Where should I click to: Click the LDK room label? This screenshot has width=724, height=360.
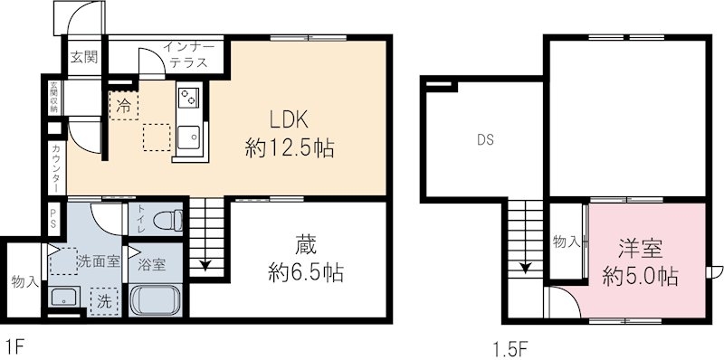click(289, 121)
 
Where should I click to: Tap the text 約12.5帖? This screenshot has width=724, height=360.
click(290, 149)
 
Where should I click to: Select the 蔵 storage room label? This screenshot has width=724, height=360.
click(306, 247)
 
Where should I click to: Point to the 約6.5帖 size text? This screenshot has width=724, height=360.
click(306, 274)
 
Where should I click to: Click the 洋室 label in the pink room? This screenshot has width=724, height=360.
click(641, 250)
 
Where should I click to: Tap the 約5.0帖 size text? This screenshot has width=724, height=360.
click(641, 277)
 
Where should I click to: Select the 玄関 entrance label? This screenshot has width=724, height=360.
click(83, 57)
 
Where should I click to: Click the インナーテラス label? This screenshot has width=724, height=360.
click(188, 55)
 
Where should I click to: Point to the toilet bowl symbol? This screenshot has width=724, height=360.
click(168, 220)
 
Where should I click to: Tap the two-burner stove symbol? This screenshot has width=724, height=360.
click(189, 98)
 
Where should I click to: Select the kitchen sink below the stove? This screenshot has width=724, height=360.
click(188, 137)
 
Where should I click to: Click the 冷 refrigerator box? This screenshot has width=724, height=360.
click(124, 106)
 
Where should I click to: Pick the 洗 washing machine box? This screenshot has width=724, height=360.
click(104, 301)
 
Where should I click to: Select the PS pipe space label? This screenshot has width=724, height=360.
click(54, 219)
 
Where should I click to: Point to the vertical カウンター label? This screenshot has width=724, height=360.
click(56, 168)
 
